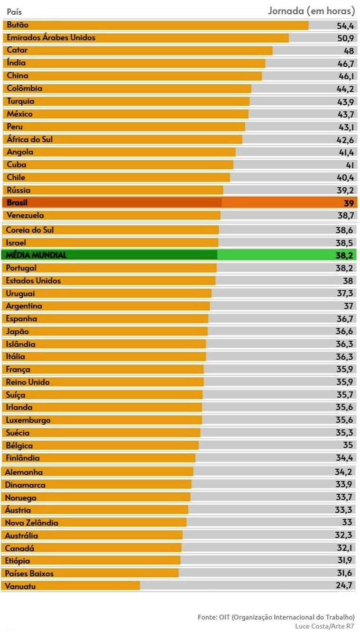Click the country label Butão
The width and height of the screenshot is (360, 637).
pyautogui.click(x=18, y=25)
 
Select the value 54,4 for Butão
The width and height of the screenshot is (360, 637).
pyautogui.click(x=345, y=26)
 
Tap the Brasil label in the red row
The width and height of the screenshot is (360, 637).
pyautogui.click(x=17, y=202)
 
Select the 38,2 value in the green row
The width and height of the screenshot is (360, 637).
pyautogui.click(x=344, y=255)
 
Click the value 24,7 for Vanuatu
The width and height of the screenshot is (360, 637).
pyautogui.click(x=344, y=586)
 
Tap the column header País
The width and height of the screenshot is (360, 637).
pyautogui.click(x=14, y=11)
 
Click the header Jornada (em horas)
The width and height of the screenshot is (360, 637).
pyautogui.click(x=311, y=10)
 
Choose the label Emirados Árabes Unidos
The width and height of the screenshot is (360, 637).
pyautogui.click(x=51, y=37)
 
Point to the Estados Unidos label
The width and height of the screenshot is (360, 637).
pyautogui.click(x=33, y=281)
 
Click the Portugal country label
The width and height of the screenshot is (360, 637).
pyautogui.click(x=21, y=268)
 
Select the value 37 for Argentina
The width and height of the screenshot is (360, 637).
pyautogui.click(x=349, y=306)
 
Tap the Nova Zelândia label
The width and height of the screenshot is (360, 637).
pyautogui.click(x=31, y=523)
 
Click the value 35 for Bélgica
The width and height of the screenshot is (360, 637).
pyautogui.click(x=349, y=446)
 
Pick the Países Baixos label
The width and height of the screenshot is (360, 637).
pyautogui.click(x=29, y=573)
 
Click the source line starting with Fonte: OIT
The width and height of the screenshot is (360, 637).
pyautogui.click(x=276, y=617)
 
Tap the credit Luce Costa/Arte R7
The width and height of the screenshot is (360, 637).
pyautogui.click(x=325, y=626)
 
